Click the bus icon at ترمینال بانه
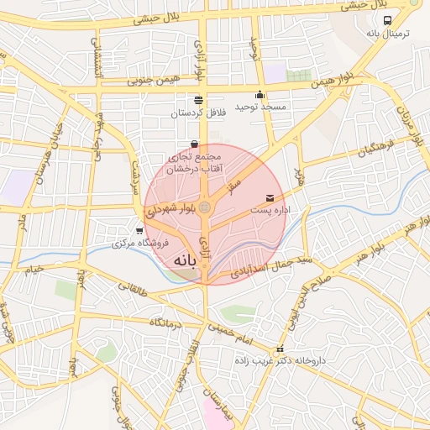click(386, 21)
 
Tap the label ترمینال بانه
click(386, 34)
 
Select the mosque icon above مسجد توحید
click(260, 94)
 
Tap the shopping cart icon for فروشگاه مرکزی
click(139, 230)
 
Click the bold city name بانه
click(186, 263)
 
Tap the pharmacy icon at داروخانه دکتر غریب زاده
click(280, 349)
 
